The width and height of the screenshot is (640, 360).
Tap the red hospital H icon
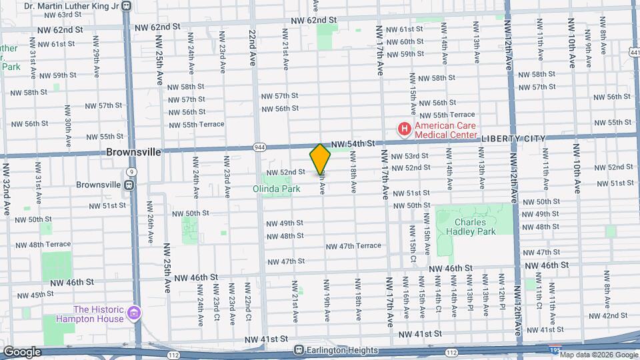[x=403, y=129]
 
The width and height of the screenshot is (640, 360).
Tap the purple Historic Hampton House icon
[x=134, y=313]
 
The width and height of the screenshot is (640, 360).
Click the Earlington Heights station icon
[x=299, y=350]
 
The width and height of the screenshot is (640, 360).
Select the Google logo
[x=21, y=351]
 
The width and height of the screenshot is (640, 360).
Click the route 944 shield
[x=259, y=147]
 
